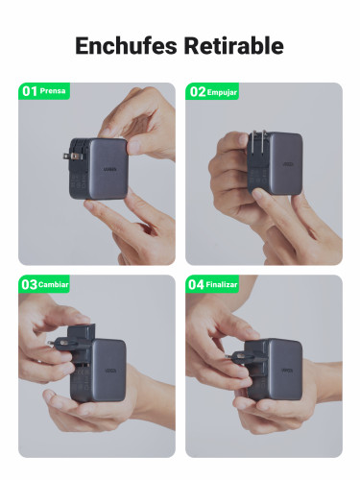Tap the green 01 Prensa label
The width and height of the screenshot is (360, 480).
coord(44,91)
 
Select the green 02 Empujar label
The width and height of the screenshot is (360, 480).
coord(212,91)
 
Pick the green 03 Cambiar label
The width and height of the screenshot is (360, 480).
coord(44,284)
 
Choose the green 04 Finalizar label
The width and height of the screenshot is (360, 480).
coord(214,284)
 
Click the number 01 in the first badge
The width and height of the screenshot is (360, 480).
coord(29,91)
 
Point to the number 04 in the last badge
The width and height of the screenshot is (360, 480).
coord(196,284)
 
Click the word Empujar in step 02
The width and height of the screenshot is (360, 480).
coord(222,92)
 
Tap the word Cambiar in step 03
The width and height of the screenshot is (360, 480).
coord(53,285)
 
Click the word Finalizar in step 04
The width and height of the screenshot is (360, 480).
coord(224,285)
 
